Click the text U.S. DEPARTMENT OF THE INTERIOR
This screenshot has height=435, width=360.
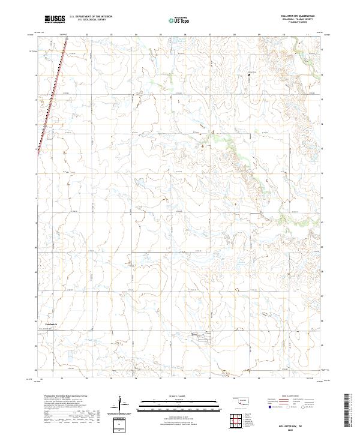click(91, 17)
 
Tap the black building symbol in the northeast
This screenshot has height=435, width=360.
click(250, 74)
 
